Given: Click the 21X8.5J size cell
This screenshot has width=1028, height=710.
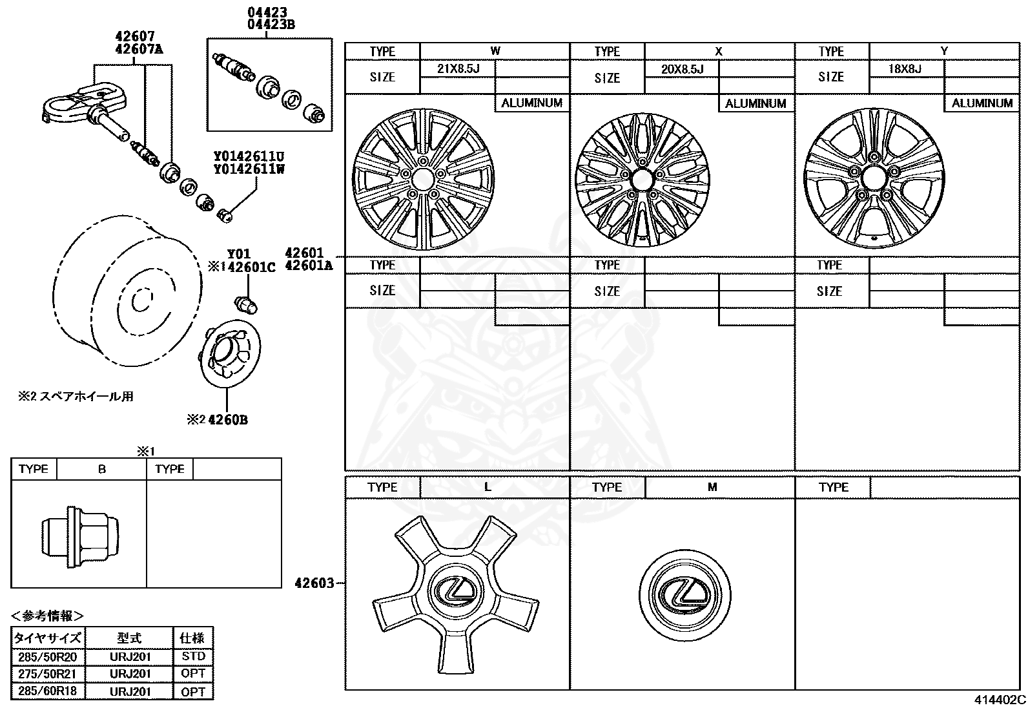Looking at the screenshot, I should pyautogui.click(x=457, y=68).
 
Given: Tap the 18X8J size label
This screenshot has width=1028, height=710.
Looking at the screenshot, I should pyautogui.click(x=905, y=69).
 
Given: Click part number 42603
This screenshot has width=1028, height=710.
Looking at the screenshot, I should pyautogui.click(x=314, y=583).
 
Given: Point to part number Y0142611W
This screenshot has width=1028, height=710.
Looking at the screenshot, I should pyautogui.click(x=250, y=170).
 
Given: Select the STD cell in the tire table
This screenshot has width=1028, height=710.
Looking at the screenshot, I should pyautogui.click(x=193, y=656).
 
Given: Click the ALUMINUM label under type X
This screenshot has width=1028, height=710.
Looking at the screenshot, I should pyautogui.click(x=755, y=103).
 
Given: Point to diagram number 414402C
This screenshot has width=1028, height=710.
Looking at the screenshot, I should pyautogui.click(x=1000, y=700).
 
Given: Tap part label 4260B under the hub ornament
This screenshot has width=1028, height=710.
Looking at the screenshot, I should pyautogui.click(x=228, y=420).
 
